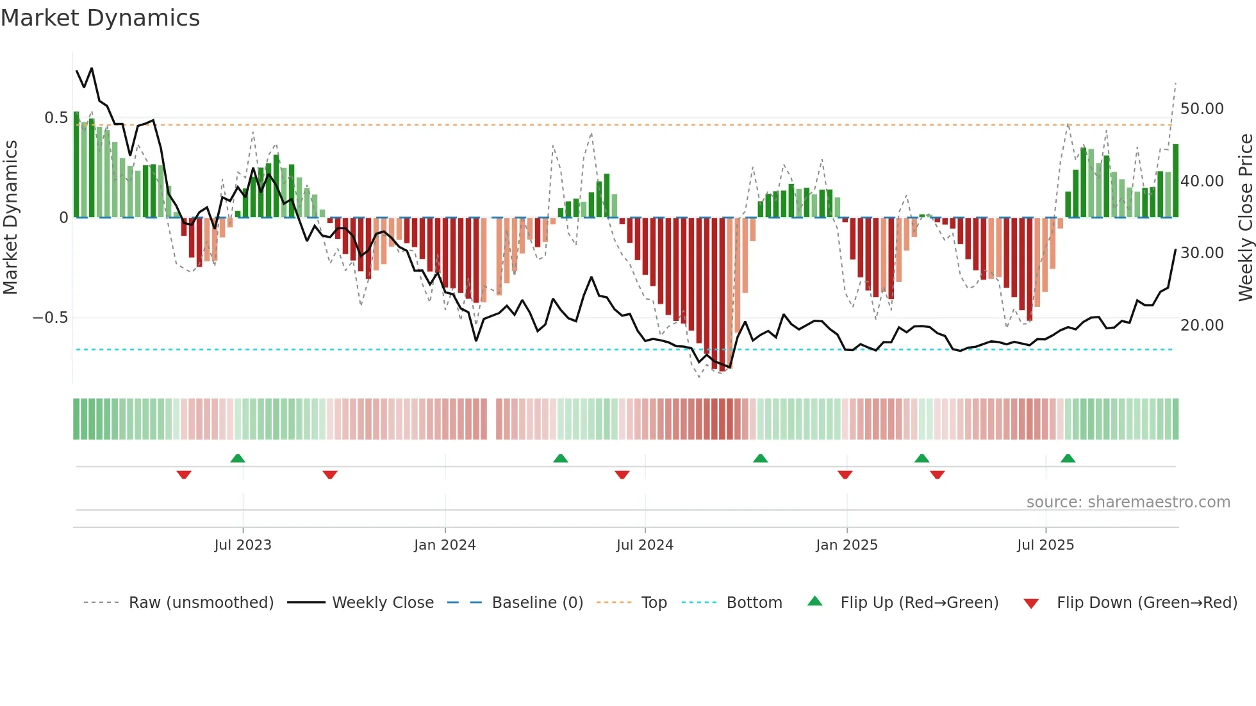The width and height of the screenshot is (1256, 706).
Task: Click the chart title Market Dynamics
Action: [x=100, y=18]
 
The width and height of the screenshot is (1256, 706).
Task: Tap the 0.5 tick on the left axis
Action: [x=56, y=118]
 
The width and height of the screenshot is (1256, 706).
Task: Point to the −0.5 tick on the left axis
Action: [x=50, y=318]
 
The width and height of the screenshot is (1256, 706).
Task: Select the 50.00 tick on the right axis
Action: [x=1202, y=109]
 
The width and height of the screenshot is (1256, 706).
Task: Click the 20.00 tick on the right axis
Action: [x=1202, y=325]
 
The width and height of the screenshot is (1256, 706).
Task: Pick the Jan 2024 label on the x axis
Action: [x=445, y=545]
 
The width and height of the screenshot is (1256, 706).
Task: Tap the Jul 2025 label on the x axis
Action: [x=1045, y=545]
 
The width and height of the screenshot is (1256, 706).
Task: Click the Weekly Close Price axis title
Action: [x=1245, y=217]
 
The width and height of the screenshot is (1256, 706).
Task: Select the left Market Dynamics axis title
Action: [x=10, y=217]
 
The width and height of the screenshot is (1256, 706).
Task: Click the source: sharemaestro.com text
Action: [x=1128, y=502]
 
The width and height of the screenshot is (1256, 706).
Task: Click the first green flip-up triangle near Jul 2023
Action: [x=238, y=459]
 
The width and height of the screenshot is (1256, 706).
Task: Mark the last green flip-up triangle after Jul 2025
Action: [x=1068, y=459]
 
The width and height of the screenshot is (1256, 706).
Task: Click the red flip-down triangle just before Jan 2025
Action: [x=845, y=475]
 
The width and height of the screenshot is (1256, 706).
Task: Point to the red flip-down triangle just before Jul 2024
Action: [x=622, y=475]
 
